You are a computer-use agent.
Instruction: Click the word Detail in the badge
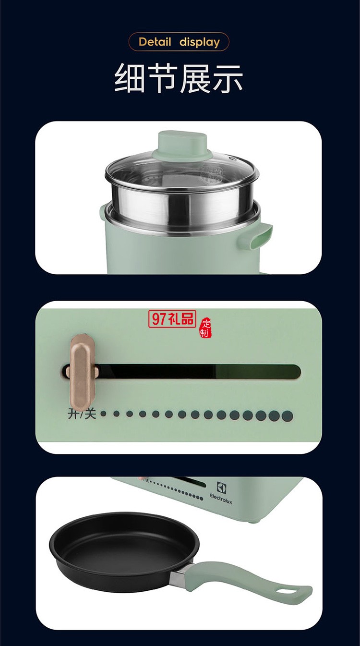pos(155,42)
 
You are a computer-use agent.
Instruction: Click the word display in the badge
pos(200,42)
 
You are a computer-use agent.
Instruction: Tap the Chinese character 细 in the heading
pos(130,78)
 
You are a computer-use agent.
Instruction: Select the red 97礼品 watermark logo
pos(172,318)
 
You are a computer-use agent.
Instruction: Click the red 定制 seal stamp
pos(205,328)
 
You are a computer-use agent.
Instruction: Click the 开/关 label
pos(82,414)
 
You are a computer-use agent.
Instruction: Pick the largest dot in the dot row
pos(287,415)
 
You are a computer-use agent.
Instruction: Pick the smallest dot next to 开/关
pos(103,414)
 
